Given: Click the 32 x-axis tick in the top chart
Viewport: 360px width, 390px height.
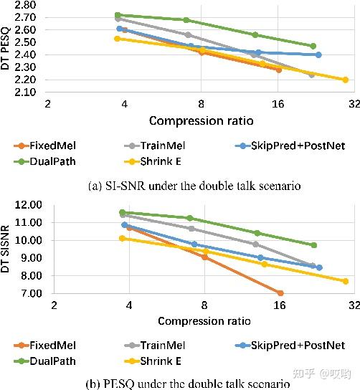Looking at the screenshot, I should pos(354,105).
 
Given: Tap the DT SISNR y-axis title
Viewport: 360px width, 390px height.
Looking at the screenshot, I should pos(6,248).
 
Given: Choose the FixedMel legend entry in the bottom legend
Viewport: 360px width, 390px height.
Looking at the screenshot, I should pos(51,346).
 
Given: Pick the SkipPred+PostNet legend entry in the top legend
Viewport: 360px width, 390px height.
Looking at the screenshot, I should pos(293,146).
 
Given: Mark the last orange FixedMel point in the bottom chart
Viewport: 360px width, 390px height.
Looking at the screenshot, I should pos(280,292).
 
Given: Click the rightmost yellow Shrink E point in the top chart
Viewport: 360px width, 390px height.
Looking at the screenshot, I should pos(345,80).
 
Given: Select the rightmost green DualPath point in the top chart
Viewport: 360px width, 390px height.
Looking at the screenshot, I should pos(313,46).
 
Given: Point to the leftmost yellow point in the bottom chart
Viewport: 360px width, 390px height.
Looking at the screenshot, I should pos(123,238).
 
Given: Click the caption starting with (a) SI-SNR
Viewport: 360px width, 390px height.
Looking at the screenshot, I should pos(194,186).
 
